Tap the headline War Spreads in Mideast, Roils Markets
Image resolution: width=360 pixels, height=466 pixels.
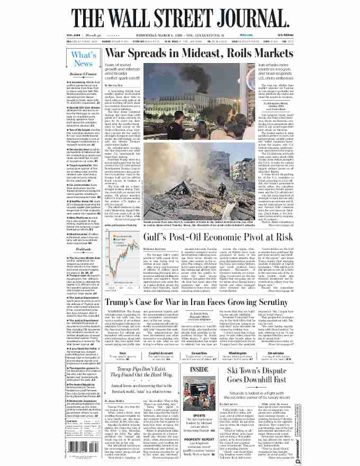199,54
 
